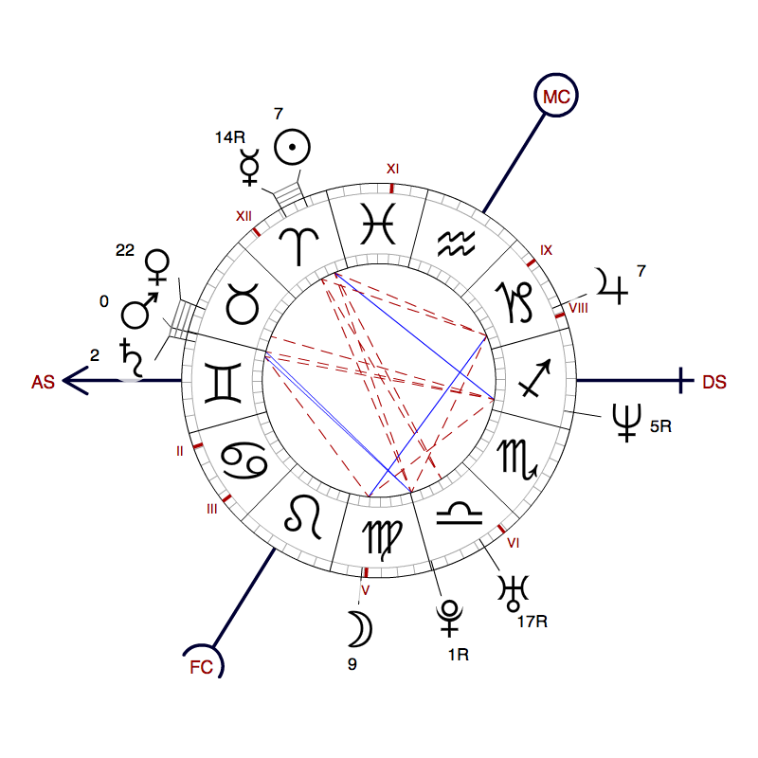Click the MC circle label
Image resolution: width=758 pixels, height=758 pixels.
[556, 96]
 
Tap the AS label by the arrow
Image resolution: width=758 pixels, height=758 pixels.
[43, 382]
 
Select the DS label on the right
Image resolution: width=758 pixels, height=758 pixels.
[714, 382]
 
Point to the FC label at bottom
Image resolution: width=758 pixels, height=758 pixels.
[202, 667]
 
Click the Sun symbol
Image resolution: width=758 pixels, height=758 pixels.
[292, 147]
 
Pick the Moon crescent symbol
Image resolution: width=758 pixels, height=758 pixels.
[361, 629]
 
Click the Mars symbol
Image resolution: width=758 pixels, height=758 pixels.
[139, 311]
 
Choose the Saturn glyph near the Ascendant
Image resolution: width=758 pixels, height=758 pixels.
[132, 358]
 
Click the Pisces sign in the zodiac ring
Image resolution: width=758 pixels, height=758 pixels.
[378, 224]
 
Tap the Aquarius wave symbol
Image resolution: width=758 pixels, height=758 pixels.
[456, 244]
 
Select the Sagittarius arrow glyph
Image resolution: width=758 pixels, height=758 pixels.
[534, 378]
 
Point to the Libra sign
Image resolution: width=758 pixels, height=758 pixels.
[460, 514]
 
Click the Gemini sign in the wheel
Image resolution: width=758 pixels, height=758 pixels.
[223, 383]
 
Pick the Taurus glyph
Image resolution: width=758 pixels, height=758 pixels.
[243, 303]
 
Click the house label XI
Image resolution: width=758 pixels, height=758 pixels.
[392, 169]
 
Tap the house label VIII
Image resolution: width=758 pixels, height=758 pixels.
[578, 308]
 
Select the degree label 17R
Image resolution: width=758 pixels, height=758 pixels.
[532, 622]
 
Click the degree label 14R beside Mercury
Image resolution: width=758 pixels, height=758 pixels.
[230, 137]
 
